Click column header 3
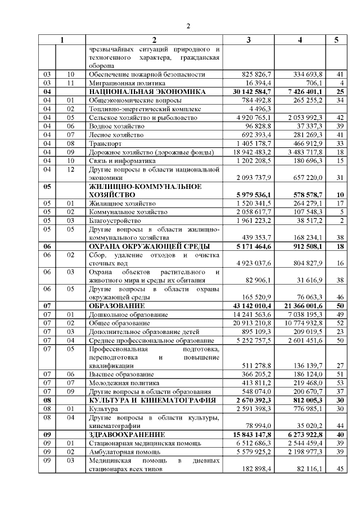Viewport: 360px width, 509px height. (249, 40)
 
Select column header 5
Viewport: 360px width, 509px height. (336, 40)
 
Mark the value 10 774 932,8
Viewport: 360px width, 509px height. (304, 323)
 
